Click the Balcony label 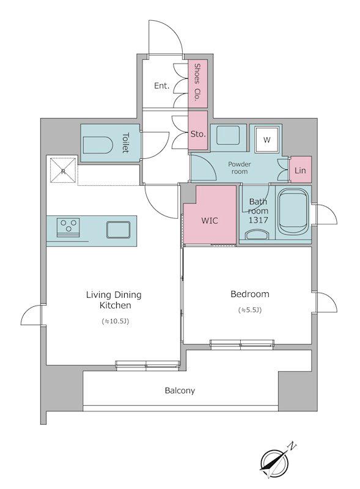tap(180, 391)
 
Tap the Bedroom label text tap(250, 294)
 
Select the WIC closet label tap(210, 221)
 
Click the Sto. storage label tap(198, 134)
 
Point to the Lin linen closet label tap(300, 171)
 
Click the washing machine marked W tap(266, 140)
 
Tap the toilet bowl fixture tap(97, 145)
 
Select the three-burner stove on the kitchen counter tap(68, 227)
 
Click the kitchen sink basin tap(118, 230)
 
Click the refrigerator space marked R tap(64, 171)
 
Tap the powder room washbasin tap(228, 135)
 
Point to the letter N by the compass tap(292, 446)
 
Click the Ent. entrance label tap(161, 86)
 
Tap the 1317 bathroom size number tap(259, 220)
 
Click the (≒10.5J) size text tap(116, 322)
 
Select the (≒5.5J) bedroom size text tap(250, 310)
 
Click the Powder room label tap(240, 167)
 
